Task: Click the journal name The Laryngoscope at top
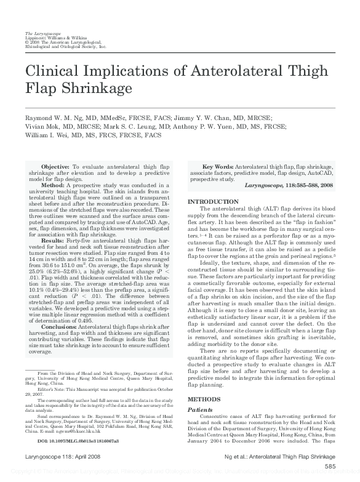pos(41,31)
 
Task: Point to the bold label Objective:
pos(55,167)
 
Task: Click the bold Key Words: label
pos(218,167)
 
